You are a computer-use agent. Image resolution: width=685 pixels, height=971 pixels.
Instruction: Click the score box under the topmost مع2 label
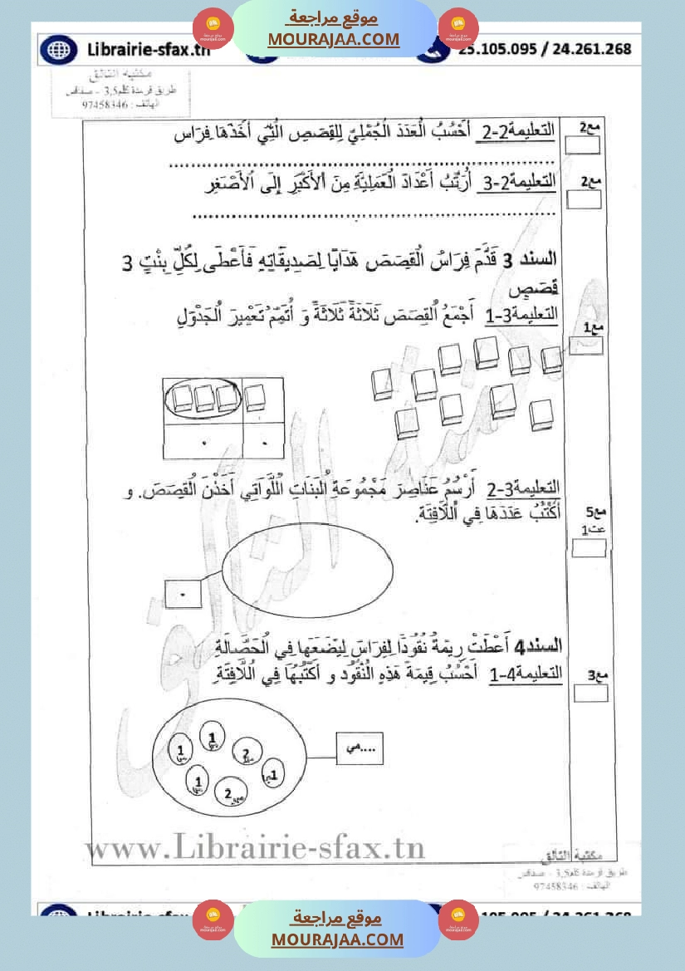582,146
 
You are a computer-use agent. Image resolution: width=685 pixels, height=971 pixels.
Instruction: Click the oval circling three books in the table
203,398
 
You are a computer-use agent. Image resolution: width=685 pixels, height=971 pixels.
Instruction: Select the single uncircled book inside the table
256,396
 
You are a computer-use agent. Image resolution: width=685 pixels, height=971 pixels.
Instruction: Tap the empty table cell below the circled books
203,441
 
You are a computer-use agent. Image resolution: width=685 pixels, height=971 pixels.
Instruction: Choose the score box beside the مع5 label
589,547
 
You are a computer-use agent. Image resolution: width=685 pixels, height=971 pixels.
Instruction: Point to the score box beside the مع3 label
590,694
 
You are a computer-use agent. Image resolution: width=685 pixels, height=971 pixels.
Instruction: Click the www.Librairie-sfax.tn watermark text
254,848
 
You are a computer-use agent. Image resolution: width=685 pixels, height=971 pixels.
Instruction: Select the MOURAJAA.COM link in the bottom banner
336,939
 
